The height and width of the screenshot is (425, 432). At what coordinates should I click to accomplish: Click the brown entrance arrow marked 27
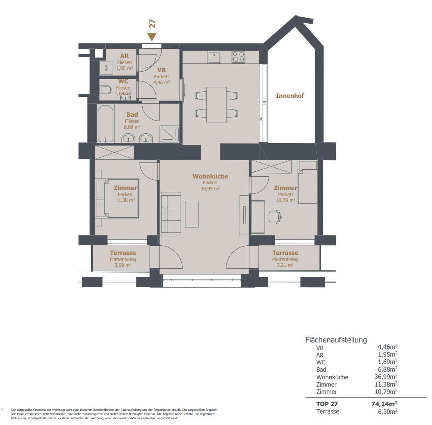(152, 37)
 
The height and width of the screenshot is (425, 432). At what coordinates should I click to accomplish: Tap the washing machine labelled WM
(106, 68)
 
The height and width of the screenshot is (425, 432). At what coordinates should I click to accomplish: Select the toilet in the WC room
(106, 90)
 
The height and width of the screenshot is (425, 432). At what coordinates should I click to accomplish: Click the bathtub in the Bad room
(105, 123)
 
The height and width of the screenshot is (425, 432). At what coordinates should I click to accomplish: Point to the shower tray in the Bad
(169, 134)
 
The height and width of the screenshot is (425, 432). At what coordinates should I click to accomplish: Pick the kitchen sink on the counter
(214, 58)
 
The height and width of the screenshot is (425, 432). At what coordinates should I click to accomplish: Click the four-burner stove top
(238, 58)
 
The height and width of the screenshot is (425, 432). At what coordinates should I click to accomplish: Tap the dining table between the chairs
(216, 104)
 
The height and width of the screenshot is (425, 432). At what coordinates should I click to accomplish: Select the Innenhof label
(290, 96)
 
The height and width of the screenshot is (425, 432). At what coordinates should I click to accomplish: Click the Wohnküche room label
(210, 176)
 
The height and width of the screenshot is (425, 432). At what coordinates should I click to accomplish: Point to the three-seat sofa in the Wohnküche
(171, 214)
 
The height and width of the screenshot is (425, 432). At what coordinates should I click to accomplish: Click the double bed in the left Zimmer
(117, 198)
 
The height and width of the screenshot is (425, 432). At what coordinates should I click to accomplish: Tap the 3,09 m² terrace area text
(123, 265)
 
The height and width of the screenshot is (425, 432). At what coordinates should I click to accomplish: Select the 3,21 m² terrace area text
(285, 265)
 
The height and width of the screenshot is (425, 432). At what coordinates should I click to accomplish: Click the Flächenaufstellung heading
(336, 340)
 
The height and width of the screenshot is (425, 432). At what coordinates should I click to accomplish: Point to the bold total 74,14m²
(384, 404)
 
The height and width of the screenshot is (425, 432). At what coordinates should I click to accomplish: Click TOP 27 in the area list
(327, 404)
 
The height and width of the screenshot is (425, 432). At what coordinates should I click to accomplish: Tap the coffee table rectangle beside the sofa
(192, 214)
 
